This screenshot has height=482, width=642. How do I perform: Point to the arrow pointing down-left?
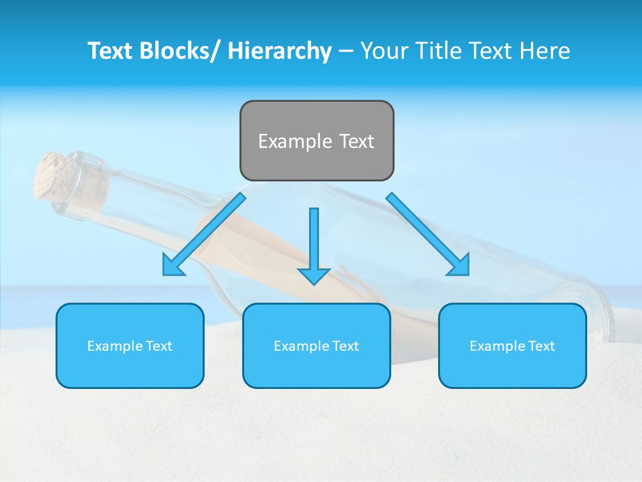tap(204, 234)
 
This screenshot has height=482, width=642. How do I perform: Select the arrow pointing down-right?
tap(428, 234)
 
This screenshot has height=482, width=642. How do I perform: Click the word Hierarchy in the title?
tap(280, 51)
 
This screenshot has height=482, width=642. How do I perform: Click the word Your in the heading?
tap(383, 51)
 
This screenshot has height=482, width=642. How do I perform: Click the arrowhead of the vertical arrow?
tap(314, 275)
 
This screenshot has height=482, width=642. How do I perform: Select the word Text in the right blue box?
tap(540, 346)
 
